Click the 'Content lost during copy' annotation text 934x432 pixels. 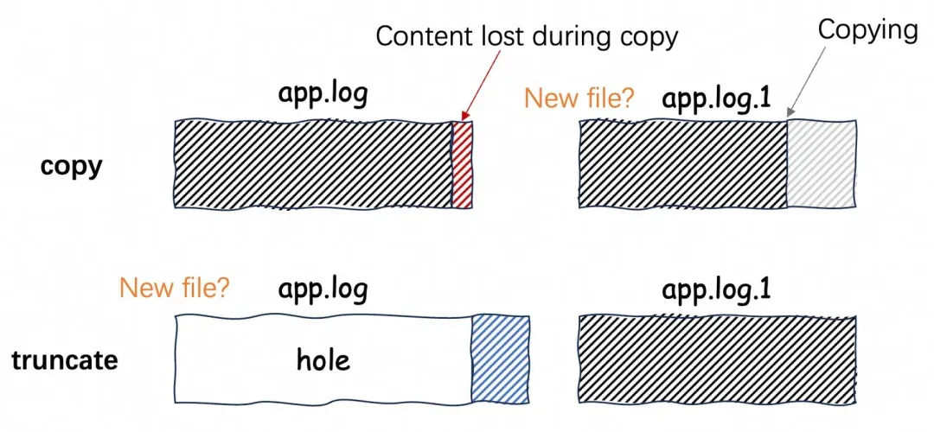[527, 36]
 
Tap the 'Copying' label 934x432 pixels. [867, 30]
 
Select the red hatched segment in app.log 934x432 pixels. [463, 164]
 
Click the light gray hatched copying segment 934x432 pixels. [822, 164]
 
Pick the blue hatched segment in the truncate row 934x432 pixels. [500, 357]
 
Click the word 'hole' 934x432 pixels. [323, 359]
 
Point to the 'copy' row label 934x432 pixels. [71, 165]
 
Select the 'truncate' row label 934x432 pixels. [65, 359]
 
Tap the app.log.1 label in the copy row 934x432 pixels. [716, 98]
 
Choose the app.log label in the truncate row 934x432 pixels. [323, 289]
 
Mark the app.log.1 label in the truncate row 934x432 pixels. [716, 289]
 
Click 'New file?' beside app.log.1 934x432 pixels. [579, 98]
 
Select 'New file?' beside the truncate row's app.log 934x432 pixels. [175, 287]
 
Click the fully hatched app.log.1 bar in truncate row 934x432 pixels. [716, 357]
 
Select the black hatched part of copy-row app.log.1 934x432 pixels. [681, 164]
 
